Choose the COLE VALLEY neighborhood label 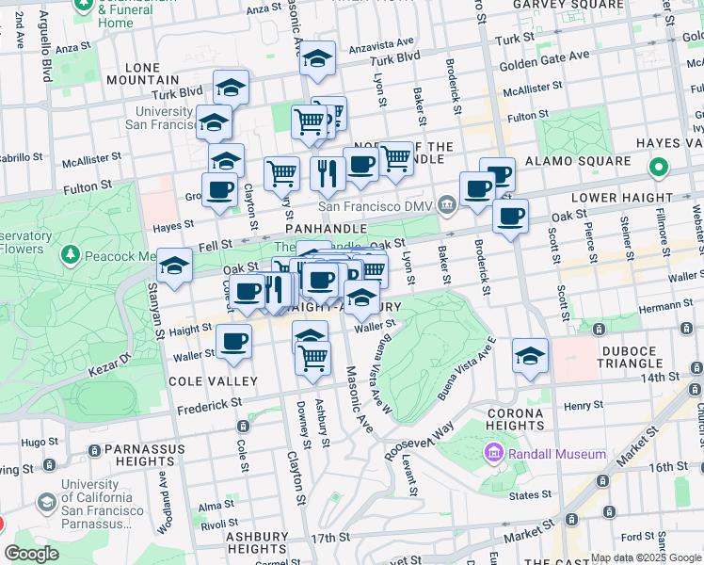[212, 380]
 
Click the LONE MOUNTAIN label [155, 74]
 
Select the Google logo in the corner [32, 553]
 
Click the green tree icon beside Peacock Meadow [70, 255]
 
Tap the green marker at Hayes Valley [659, 169]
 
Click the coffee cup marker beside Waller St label [233, 343]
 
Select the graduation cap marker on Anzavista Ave [317, 59]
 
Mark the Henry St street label [584, 406]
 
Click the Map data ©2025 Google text [646, 557]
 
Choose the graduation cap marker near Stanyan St [175, 267]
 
